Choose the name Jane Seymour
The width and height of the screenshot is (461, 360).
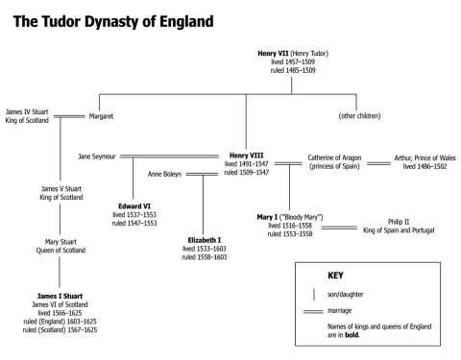[x=98, y=156]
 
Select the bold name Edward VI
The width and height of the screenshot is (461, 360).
[x=133, y=204]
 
